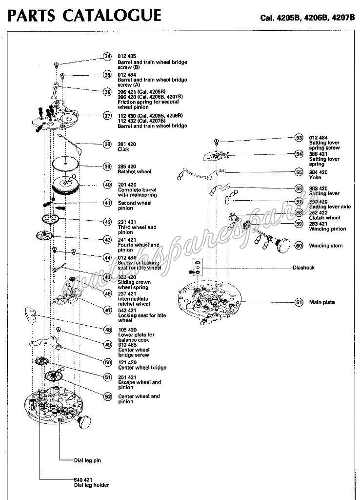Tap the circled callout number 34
click(x=107, y=57)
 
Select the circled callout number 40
click(x=107, y=185)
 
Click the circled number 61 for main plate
click(x=299, y=302)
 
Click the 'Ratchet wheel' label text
click(x=135, y=172)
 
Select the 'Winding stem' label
click(x=326, y=246)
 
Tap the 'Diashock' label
click(x=304, y=268)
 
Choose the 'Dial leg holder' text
click(x=91, y=485)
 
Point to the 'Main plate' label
click(x=322, y=302)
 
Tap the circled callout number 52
click(x=107, y=396)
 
